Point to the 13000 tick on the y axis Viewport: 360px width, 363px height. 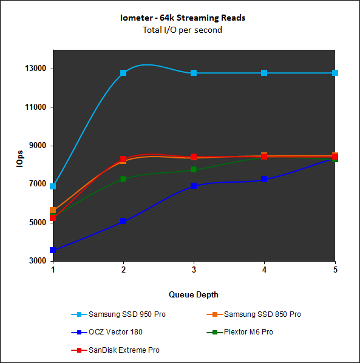pos(36,69)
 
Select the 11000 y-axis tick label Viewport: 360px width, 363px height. pos(36,107)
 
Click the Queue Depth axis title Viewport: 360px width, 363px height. pos(194,294)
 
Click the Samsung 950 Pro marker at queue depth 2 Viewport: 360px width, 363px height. pos(123,73)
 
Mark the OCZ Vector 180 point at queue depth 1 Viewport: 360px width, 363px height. pos(53,250)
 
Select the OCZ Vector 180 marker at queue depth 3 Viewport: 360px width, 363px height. pos(194,186)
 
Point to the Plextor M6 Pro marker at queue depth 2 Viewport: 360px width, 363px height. pos(123,179)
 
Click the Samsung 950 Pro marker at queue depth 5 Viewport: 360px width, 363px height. pos(335,73)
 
